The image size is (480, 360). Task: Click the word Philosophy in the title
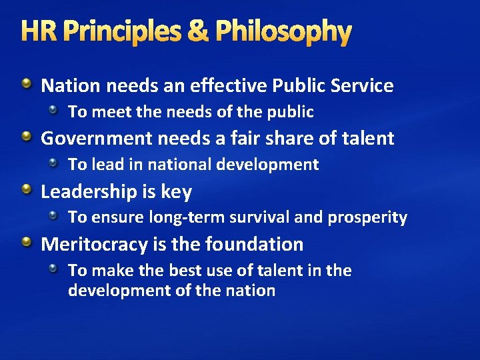point(284,31)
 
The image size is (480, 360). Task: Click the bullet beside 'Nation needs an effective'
point(25,84)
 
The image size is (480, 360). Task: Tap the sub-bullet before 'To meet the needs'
point(57,109)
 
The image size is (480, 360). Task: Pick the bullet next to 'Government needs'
point(25,137)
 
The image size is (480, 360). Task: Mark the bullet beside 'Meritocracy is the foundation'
point(25,243)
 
